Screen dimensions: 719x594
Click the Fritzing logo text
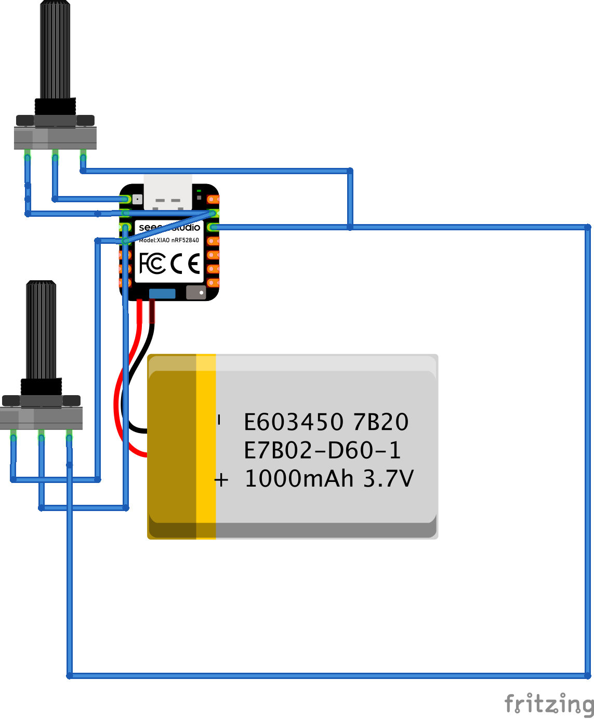tap(549, 704)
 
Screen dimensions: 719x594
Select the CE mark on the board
tap(186, 264)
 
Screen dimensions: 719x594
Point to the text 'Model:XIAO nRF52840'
tap(169, 240)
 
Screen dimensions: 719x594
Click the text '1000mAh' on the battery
tap(299, 479)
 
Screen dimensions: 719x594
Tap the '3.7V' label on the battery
tap(388, 479)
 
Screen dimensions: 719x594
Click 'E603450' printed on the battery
tap(294, 422)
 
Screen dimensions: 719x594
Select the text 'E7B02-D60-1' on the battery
tap(322, 450)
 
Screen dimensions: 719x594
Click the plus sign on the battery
tap(221, 479)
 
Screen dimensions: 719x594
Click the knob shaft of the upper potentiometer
tap(55, 49)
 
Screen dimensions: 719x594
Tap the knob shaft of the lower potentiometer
tap(41, 330)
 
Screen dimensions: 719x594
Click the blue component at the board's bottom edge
tap(162, 293)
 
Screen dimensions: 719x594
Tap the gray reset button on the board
tap(196, 292)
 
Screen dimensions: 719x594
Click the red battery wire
tap(118, 411)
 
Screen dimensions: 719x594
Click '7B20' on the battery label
tap(380, 422)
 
